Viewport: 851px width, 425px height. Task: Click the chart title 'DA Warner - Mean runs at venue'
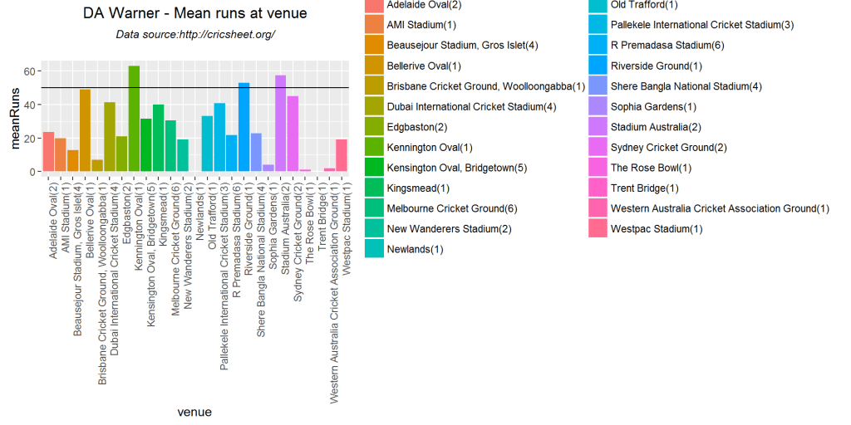(195, 13)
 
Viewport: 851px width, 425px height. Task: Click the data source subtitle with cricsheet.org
(195, 35)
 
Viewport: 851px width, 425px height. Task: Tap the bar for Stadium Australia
(280, 124)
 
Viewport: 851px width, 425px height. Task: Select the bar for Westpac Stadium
(342, 155)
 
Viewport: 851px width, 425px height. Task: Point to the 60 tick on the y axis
(29, 71)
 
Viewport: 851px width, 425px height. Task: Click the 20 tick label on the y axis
(29, 139)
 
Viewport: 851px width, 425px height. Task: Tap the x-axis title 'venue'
(194, 412)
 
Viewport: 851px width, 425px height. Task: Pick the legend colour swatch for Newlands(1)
(375, 248)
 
